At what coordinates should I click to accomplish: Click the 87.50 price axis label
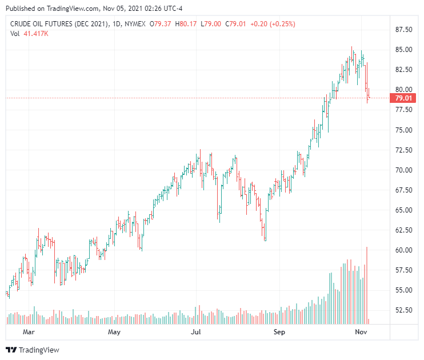coord(403,29)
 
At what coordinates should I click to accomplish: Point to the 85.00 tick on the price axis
coord(403,49)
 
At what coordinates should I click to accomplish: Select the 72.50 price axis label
coord(403,150)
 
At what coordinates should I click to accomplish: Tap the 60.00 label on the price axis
coord(403,250)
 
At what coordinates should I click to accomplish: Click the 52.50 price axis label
coord(403,310)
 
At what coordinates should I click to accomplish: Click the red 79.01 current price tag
coord(403,98)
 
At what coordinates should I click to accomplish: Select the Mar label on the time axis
coord(29,331)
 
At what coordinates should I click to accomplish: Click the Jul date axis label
coord(197,331)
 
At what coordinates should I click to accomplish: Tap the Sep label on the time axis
coord(279,331)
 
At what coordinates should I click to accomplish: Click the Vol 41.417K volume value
coord(35,34)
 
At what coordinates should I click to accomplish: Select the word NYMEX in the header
coord(134,24)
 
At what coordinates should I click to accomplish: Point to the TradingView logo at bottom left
coord(33,350)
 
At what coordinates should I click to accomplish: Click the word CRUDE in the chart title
coord(22,24)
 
